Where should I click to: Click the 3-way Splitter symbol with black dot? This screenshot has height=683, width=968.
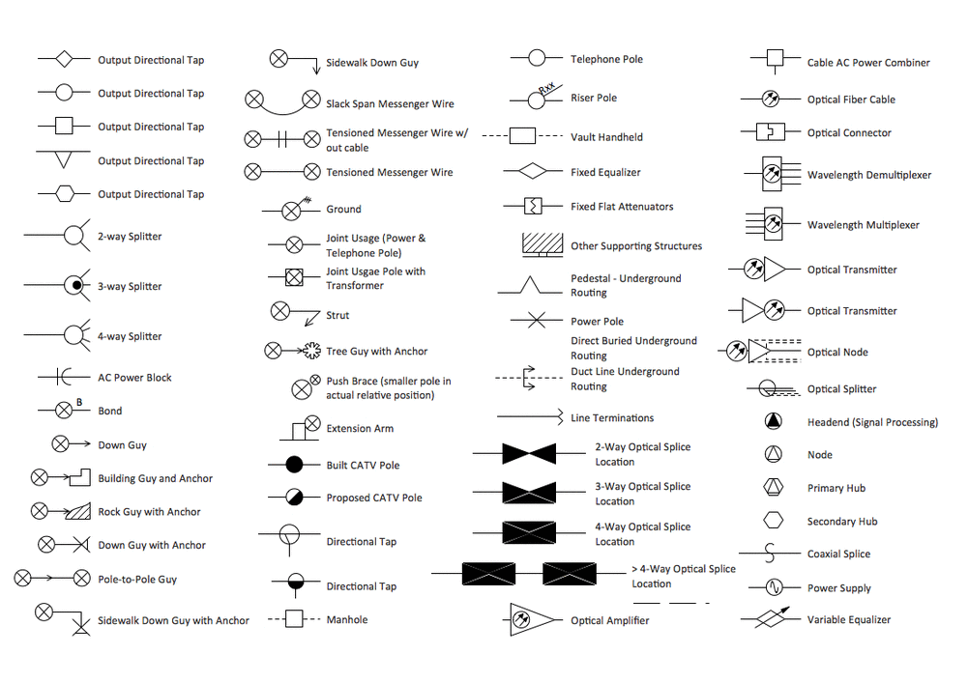point(74,286)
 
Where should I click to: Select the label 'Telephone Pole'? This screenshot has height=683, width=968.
point(606,60)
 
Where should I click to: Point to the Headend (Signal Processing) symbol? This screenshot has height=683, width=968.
point(773,422)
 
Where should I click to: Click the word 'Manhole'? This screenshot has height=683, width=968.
point(346,620)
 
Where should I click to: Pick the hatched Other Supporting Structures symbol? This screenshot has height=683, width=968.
point(543,244)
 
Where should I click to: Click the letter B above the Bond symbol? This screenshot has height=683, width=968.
point(79,402)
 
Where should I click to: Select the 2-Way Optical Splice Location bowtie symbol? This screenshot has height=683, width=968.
point(529,454)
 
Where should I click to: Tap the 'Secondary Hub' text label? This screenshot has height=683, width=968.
point(842,522)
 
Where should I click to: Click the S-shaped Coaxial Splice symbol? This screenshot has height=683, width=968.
point(771,554)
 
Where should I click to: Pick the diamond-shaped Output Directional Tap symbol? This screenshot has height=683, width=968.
point(64,60)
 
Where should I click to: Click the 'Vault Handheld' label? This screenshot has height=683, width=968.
point(606,137)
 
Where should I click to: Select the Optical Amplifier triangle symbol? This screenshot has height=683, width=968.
point(533,619)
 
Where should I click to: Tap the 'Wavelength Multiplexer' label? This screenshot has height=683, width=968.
point(863,225)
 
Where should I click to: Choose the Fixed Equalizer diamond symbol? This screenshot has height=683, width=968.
point(531,172)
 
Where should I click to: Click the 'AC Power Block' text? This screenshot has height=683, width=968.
point(134,378)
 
